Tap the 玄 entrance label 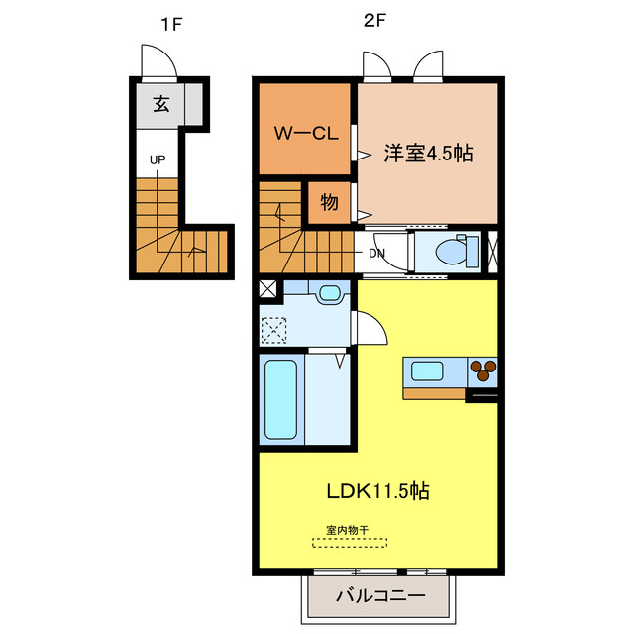[x=160, y=102]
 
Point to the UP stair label [x=158, y=158]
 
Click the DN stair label [x=377, y=253]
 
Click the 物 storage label [x=329, y=203]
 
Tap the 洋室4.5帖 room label [x=428, y=154]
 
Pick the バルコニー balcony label [x=379, y=596]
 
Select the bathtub [x=282, y=400]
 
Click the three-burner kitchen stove [x=482, y=370]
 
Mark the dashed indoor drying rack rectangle [x=350, y=543]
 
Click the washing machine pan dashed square [x=274, y=326]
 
